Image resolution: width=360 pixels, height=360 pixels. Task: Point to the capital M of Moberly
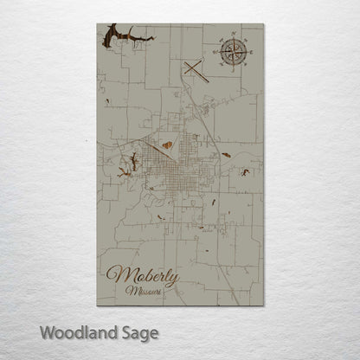tap(115, 276)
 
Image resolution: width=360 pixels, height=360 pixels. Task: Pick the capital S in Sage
tap(125, 331)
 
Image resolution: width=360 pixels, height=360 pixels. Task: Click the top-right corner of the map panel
tap(262, 24)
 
